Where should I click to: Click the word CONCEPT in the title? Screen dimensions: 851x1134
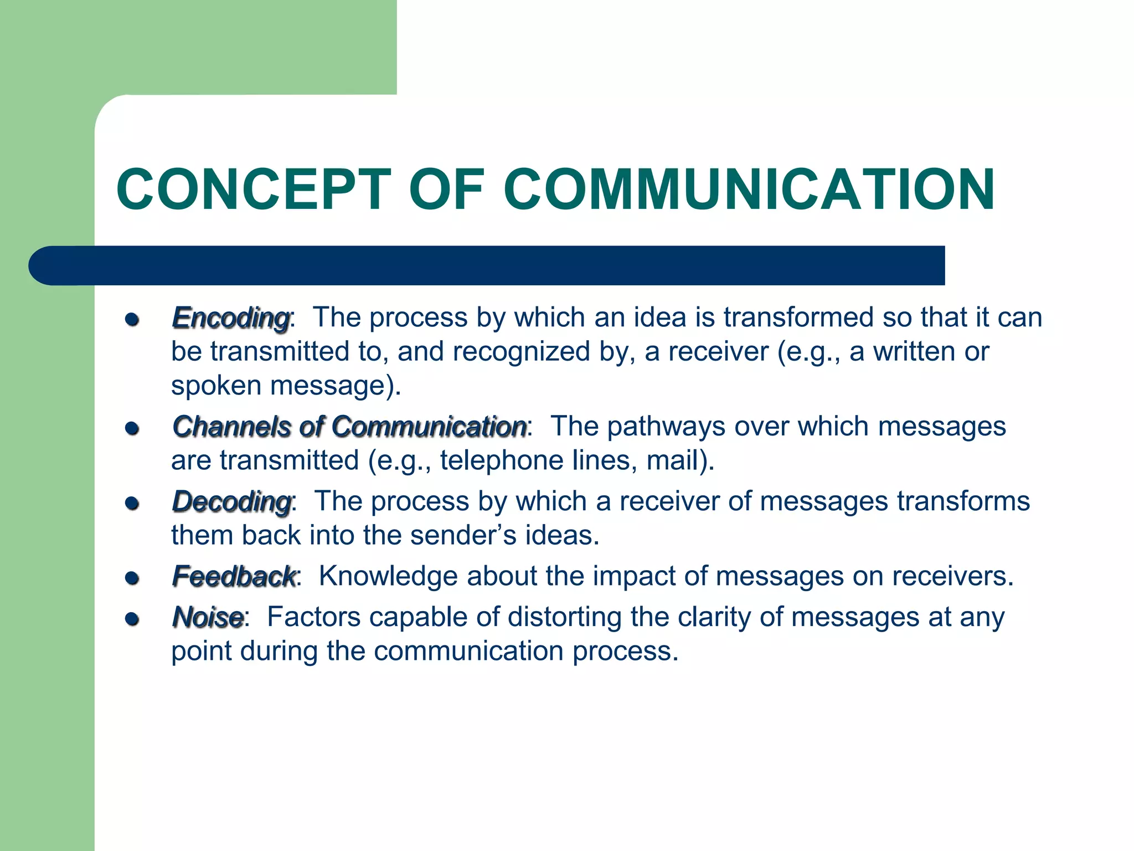254,189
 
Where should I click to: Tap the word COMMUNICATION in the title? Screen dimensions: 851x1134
749,189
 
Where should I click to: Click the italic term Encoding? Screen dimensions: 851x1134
231,319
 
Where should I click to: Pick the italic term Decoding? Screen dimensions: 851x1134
231,503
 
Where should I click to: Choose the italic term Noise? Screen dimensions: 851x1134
208,618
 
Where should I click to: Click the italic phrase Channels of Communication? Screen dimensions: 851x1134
349,427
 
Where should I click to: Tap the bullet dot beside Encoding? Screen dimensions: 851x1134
132,320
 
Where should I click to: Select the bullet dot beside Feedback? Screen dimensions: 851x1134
132,578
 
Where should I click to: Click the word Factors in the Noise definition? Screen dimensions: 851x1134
313,617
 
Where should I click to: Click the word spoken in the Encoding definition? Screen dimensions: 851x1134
217,386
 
